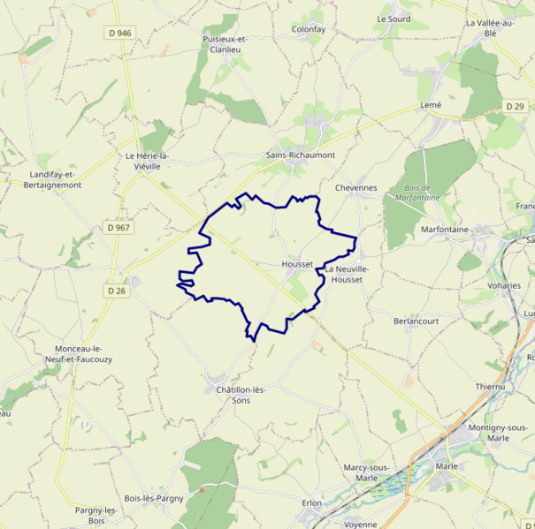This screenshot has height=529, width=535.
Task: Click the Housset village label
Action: pyautogui.click(x=296, y=264)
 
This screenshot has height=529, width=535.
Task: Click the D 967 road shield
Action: pyautogui.click(x=118, y=228)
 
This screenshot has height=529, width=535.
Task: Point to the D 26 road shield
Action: pyautogui.click(x=117, y=291)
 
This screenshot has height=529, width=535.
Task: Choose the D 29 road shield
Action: pyautogui.click(x=516, y=106)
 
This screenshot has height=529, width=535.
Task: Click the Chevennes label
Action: pyautogui.click(x=356, y=187)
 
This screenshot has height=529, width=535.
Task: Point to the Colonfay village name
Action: pyautogui.click(x=309, y=29)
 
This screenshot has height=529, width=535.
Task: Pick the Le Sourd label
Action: pyautogui.click(x=394, y=19)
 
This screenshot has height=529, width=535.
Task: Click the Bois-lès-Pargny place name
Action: pyautogui.click(x=153, y=498)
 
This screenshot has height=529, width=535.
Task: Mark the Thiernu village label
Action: pyautogui.click(x=489, y=387)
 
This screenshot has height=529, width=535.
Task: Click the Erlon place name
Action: pyautogui.click(x=311, y=503)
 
